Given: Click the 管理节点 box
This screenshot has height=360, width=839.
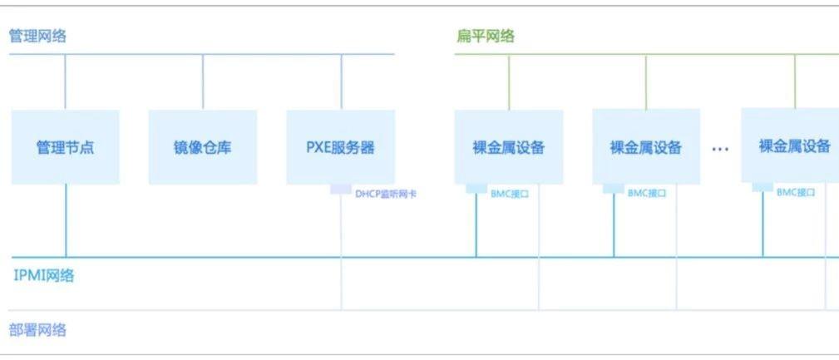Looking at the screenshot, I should point(65,147).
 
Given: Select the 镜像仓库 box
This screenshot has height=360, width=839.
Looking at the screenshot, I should point(203,147).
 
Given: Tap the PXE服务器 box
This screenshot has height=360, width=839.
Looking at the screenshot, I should point(341,147).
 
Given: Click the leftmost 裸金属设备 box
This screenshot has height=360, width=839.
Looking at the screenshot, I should point(509,147).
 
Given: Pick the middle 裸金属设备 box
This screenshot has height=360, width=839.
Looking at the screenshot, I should point(646,147).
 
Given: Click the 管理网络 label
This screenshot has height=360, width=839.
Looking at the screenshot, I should point(37,36).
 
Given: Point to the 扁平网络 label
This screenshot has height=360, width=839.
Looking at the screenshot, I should point(486,36).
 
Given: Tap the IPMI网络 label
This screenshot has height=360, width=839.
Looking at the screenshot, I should point(43,275).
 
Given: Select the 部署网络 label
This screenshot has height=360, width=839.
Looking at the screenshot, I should point(37,330).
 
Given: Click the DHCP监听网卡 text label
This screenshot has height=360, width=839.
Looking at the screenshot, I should point(385,194).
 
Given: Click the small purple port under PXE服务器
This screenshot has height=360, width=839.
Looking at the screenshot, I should point(341,190).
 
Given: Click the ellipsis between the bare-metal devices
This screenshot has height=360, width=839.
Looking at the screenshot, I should point(720,149).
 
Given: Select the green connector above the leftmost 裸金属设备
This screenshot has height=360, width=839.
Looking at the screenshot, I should point(509,82).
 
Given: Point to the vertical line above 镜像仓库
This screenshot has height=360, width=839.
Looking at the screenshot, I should point(203,82).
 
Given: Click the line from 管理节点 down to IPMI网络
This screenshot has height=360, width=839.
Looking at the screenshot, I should point(66,220).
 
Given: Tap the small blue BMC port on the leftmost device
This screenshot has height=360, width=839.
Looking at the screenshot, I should point(476,189).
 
